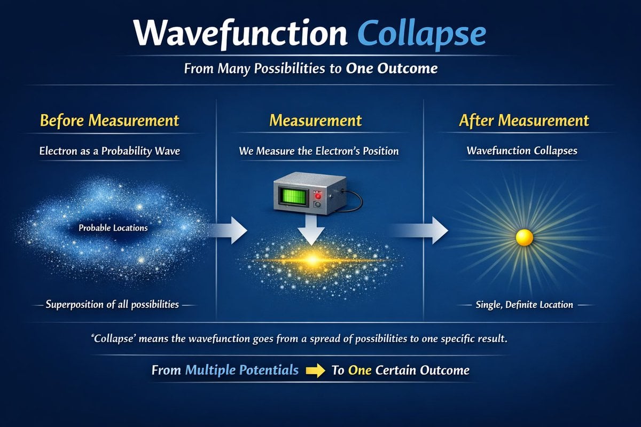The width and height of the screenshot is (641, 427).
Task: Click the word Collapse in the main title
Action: point(421,34)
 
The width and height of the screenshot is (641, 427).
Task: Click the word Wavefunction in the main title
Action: point(240,33)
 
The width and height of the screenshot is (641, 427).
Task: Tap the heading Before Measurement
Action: point(110,121)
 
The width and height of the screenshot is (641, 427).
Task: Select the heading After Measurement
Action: point(524,121)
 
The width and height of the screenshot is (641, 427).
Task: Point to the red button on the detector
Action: point(318,196)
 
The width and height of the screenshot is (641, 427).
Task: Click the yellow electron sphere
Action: point(524,238)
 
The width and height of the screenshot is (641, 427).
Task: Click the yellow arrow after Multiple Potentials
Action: point(315,370)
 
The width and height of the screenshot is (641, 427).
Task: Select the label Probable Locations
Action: point(113,228)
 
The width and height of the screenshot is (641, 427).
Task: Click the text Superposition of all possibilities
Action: point(112,305)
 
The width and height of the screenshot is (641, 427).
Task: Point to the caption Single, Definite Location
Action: point(524,305)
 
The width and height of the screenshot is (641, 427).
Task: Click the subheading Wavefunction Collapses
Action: point(522,151)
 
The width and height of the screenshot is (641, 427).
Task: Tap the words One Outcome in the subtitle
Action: point(392,68)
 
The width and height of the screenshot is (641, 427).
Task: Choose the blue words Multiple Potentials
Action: point(242,370)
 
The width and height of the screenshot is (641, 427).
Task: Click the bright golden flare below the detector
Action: point(313,260)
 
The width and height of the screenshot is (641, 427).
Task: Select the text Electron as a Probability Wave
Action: point(110,151)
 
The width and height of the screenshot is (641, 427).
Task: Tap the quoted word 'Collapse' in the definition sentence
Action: point(113,339)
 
